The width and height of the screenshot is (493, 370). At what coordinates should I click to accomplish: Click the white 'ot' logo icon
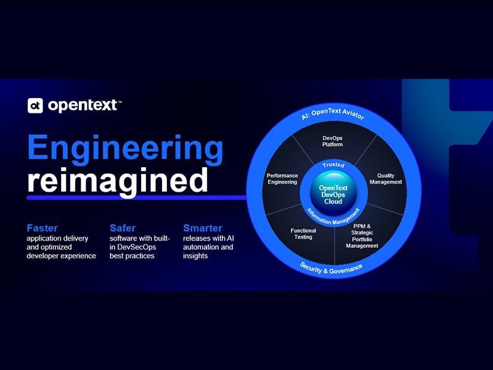(35, 105)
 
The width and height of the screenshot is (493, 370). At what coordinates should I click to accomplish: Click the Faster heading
(42, 228)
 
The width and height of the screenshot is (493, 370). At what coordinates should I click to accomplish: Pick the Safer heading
(123, 228)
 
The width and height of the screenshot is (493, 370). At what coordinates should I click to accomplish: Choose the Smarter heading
(203, 228)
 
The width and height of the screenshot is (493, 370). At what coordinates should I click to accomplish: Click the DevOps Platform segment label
(332, 141)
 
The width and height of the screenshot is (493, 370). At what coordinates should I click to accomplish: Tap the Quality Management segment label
(386, 179)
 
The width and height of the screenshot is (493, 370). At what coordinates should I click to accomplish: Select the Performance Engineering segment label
(282, 179)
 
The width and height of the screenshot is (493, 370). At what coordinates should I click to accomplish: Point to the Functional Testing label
(303, 234)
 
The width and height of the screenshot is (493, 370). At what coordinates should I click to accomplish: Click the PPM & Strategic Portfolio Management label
(362, 236)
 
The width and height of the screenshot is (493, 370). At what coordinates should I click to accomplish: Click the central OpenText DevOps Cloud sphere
(333, 194)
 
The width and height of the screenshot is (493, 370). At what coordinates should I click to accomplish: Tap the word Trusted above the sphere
(333, 165)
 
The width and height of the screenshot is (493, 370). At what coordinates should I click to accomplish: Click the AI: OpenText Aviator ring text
(333, 114)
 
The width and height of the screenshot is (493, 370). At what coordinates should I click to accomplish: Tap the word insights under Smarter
(195, 256)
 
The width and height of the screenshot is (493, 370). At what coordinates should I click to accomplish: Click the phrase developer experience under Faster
(61, 256)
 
